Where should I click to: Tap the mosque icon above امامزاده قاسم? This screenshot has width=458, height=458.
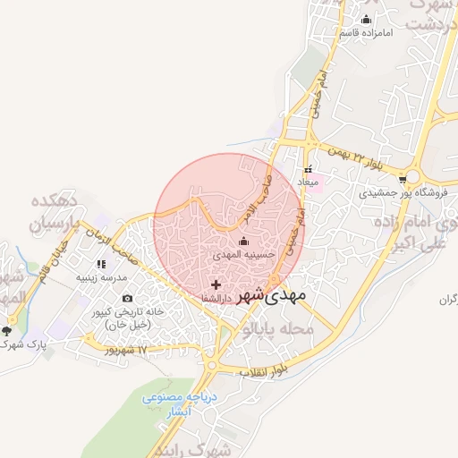tap(365, 20)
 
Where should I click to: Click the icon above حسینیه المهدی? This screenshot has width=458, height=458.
tap(243, 241)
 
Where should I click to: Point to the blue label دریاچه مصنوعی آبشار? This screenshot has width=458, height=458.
tap(174, 404)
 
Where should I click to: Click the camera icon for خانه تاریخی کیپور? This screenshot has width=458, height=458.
tap(127, 298)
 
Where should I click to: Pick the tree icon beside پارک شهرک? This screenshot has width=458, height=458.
tap(7, 331)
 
